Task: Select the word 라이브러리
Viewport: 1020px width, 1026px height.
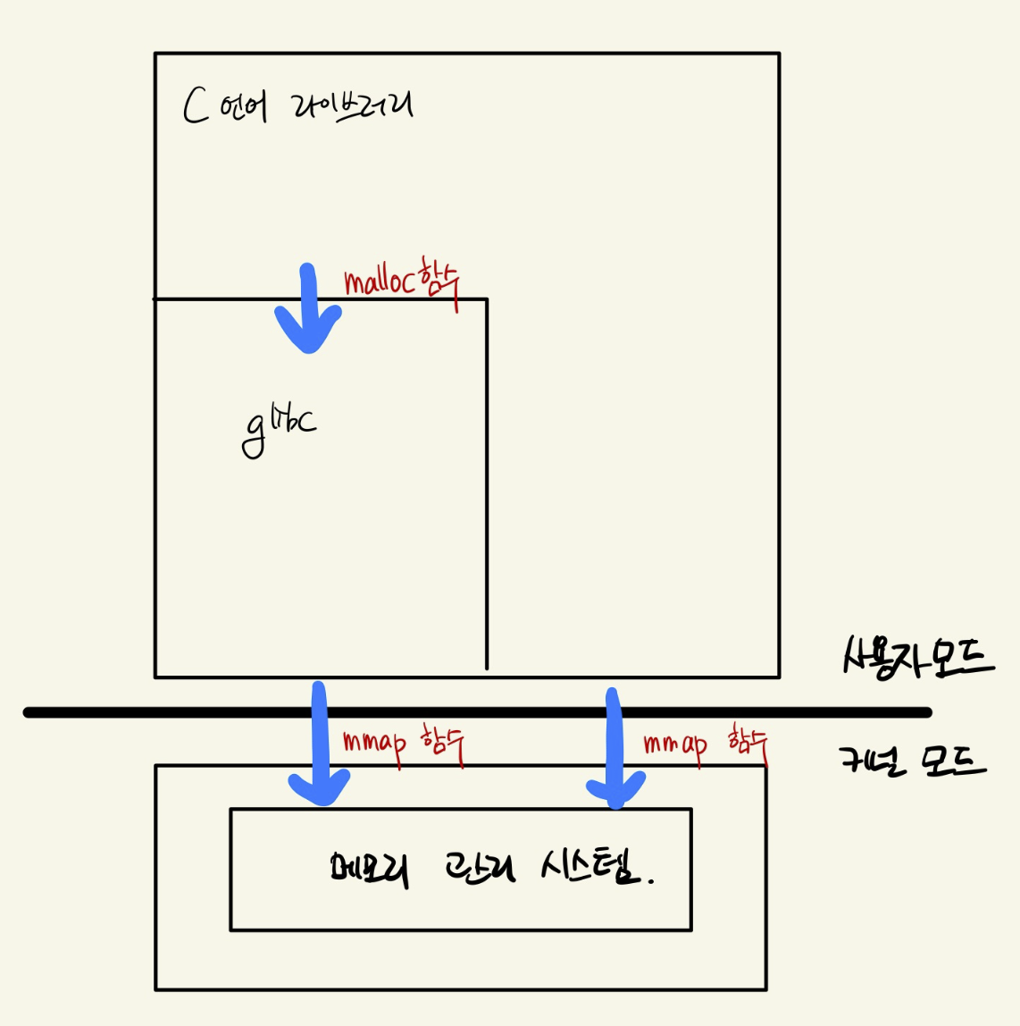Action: [352, 107]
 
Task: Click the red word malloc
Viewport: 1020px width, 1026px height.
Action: [379, 282]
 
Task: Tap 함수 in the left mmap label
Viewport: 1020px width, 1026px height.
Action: [442, 744]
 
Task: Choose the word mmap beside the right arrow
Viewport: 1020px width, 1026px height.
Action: [675, 744]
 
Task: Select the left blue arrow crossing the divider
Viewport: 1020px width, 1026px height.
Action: [319, 742]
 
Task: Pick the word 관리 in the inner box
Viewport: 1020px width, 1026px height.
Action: [480, 867]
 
